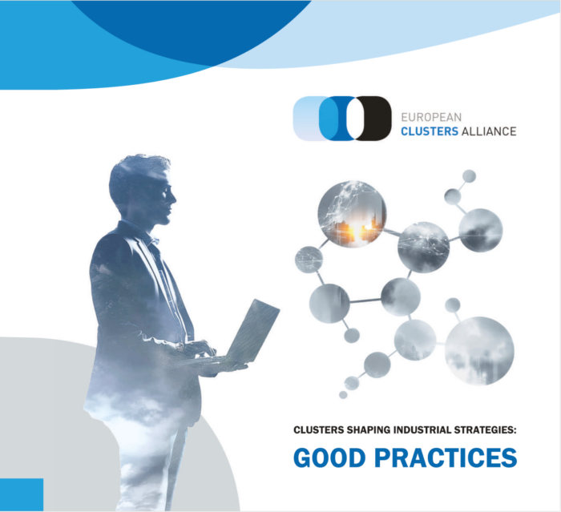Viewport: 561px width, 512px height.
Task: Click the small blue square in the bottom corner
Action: pos(22,494)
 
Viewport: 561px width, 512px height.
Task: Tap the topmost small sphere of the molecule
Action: pos(469,175)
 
